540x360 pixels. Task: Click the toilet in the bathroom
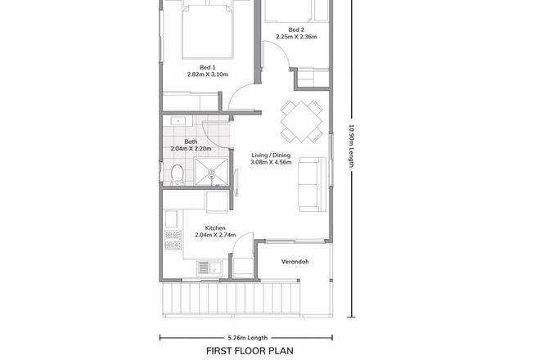pos(177,173)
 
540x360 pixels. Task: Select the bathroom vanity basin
pos(179,122)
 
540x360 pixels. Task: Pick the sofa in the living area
pos(309,182)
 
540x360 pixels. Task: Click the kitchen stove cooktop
pos(172,240)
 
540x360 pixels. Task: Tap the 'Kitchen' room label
pos(215,228)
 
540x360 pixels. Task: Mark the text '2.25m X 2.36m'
pos(295,37)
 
